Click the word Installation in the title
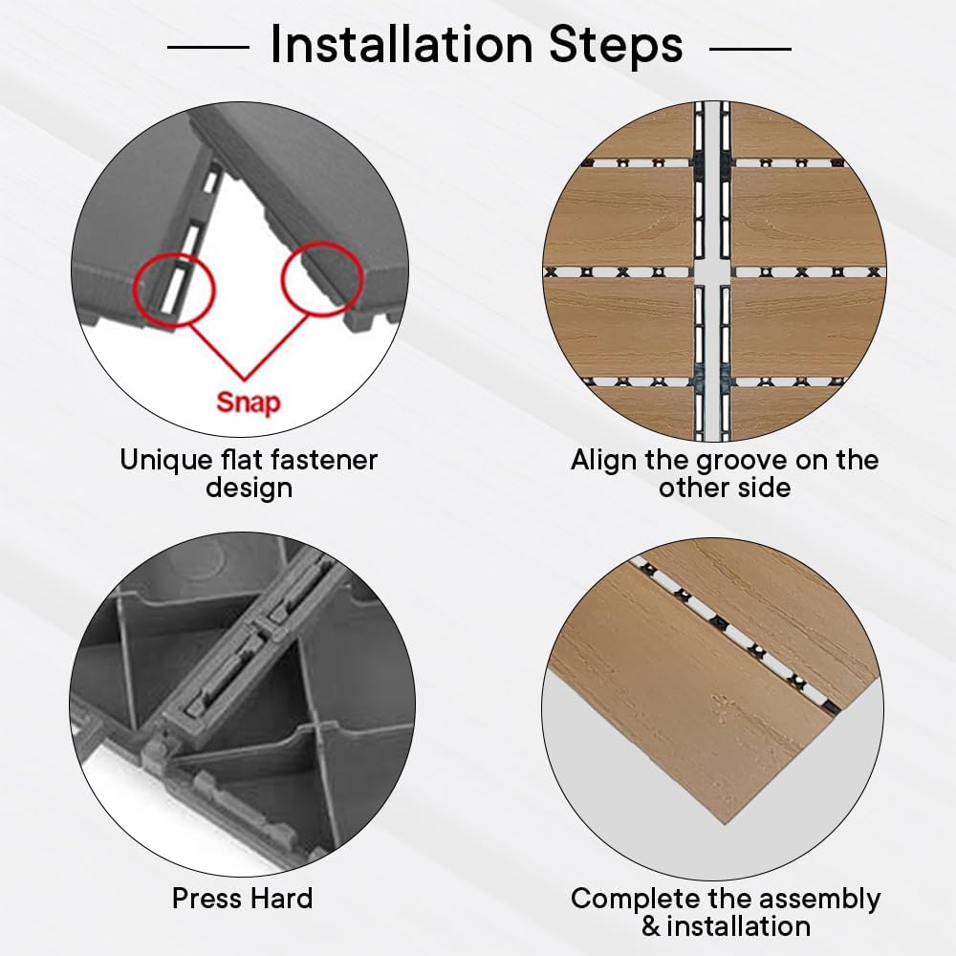(402, 44)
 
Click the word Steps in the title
(616, 45)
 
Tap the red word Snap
(249, 403)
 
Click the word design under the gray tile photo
(249, 488)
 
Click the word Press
(207, 899)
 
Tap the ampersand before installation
(650, 926)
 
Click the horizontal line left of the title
(208, 47)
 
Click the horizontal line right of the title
(750, 48)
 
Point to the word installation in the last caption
(738, 926)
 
